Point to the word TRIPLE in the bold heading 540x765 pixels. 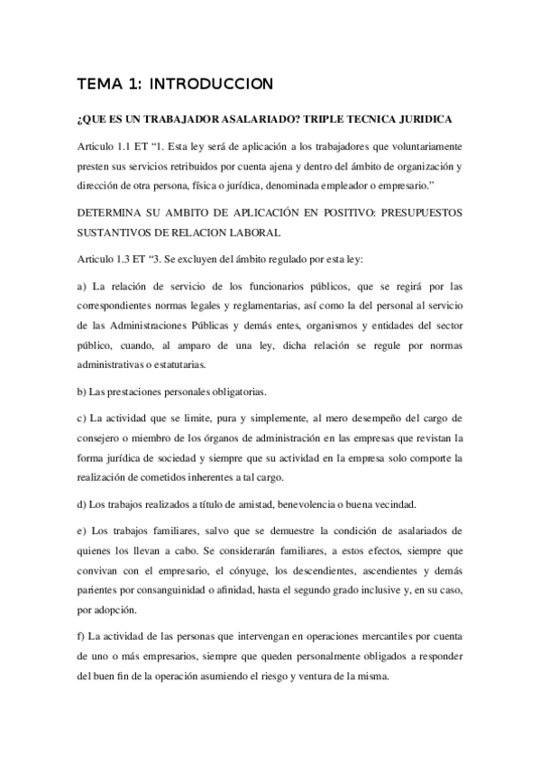pyautogui.click(x=328, y=120)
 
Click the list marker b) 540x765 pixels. pyautogui.click(x=84, y=391)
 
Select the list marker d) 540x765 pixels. pyautogui.click(x=84, y=502)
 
